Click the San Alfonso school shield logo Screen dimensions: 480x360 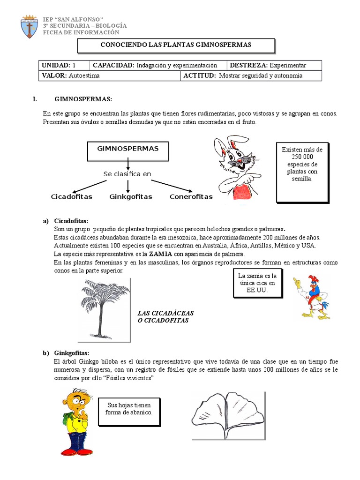(30, 27)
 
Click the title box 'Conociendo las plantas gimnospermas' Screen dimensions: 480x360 (175, 45)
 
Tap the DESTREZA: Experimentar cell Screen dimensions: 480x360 (274, 66)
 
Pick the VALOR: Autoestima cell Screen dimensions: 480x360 (109, 75)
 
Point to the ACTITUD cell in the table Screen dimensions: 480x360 (251, 75)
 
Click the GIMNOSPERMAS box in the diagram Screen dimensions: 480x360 (127, 150)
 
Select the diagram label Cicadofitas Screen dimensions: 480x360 (71, 197)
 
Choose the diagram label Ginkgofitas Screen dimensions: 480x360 (131, 197)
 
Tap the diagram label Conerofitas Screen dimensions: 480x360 (191, 197)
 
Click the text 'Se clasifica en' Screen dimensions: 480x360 (127, 174)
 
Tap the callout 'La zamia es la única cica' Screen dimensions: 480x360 (257, 283)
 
